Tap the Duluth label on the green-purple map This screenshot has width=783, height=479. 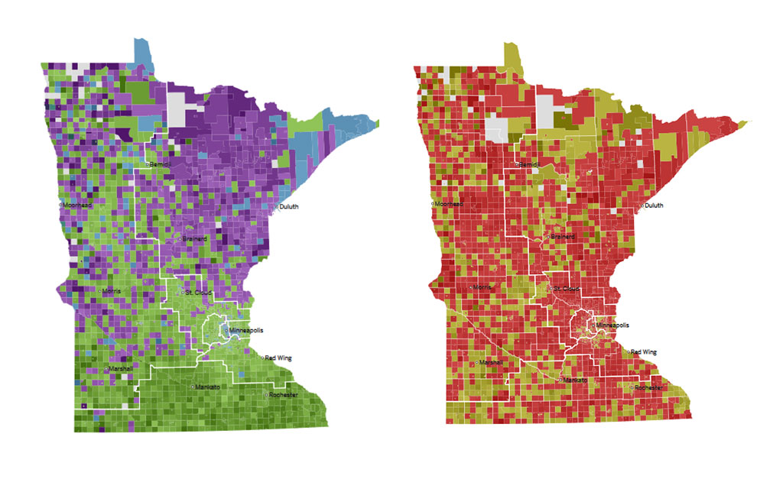click(288, 207)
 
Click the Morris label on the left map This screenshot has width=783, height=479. click(111, 291)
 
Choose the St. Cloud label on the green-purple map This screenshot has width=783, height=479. click(198, 293)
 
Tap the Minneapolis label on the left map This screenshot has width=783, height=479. click(245, 330)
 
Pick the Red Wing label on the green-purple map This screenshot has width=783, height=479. click(278, 358)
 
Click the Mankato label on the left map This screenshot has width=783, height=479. click(206, 387)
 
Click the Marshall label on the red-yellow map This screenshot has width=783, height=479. click(491, 363)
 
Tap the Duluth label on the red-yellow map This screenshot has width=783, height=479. click(653, 206)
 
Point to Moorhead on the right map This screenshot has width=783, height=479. click(448, 205)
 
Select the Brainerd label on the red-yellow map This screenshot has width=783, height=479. click(563, 238)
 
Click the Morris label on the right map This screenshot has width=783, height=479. click(482, 287)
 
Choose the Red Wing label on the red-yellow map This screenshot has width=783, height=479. click(644, 352)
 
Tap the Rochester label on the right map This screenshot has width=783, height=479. click(648, 388)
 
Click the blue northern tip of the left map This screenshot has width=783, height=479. click(143, 53)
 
